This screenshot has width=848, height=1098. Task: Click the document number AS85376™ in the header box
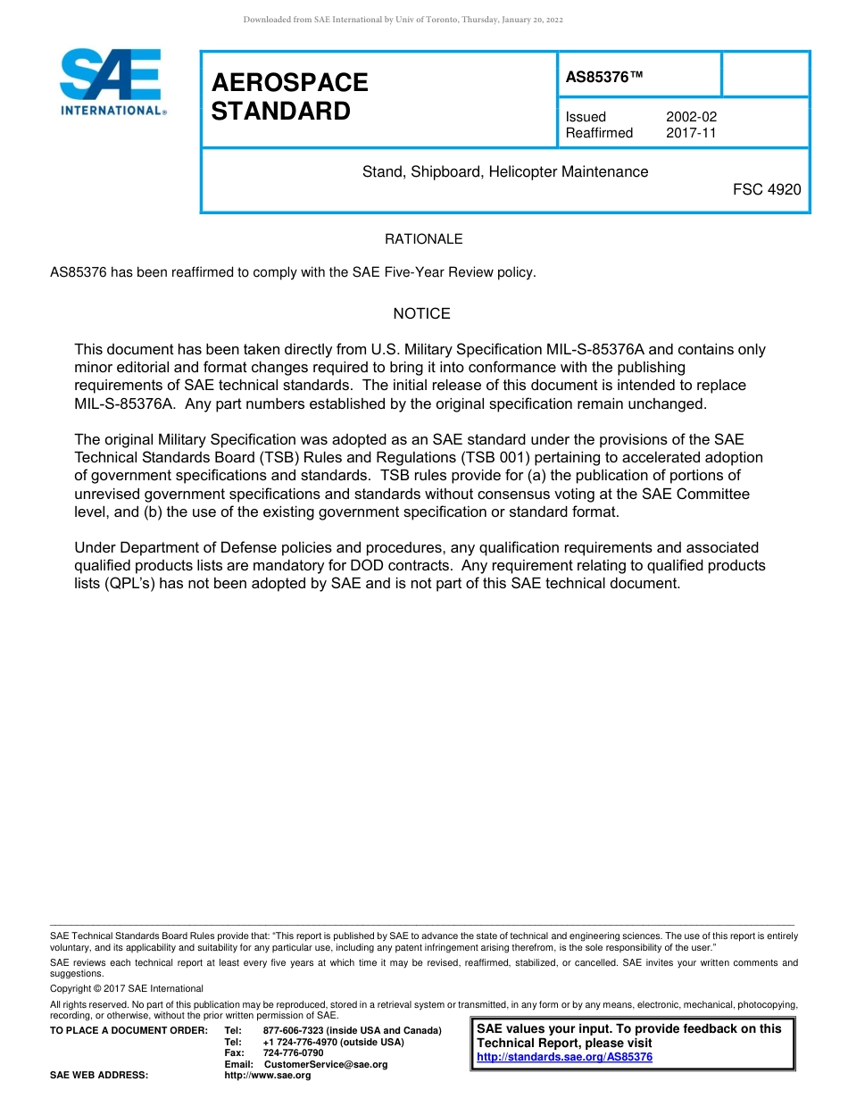tap(604, 78)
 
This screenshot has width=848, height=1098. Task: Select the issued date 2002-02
tap(691, 117)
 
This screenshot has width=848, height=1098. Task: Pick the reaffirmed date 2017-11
tap(691, 133)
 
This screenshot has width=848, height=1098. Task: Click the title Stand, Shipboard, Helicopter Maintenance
tap(505, 171)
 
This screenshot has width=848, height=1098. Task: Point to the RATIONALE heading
tap(423, 239)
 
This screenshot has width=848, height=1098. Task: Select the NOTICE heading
tap(421, 313)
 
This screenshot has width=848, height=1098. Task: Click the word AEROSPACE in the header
tap(289, 83)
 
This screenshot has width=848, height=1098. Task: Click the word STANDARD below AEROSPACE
tap(280, 112)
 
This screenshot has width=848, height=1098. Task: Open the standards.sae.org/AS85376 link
tap(564, 1057)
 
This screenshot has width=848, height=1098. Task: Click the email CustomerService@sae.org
tap(326, 1064)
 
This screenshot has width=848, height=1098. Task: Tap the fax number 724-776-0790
tap(293, 1052)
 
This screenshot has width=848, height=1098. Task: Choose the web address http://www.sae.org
tap(268, 1076)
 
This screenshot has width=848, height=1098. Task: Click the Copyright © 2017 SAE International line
tap(127, 988)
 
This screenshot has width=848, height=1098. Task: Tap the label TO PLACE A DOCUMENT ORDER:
tap(129, 1030)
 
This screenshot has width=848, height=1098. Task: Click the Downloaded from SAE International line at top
tap(403, 20)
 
